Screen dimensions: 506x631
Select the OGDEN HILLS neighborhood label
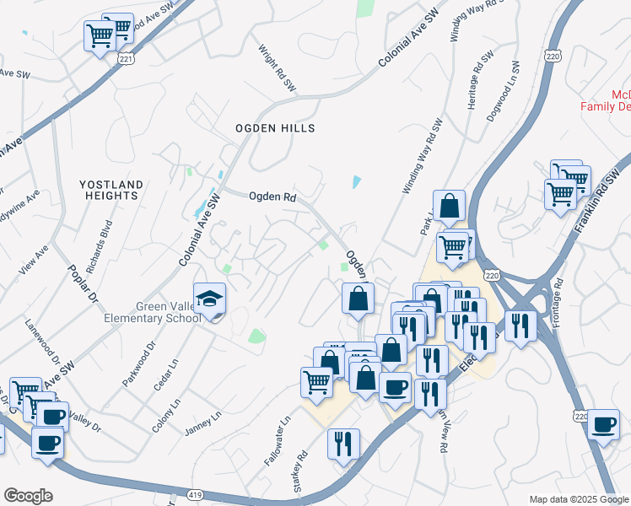coord(275,128)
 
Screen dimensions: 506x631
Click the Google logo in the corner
coord(28,496)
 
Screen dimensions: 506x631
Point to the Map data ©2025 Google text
coord(579,499)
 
